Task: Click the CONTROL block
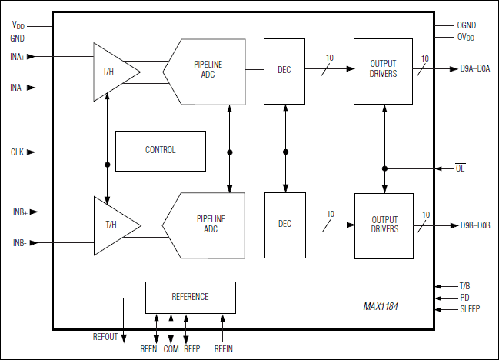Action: click(x=160, y=150)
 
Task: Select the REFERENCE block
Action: click(x=190, y=296)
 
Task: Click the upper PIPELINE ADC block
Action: click(x=205, y=71)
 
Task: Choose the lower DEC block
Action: click(x=284, y=225)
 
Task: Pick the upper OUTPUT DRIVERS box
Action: click(x=383, y=70)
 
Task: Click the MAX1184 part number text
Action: click(x=386, y=306)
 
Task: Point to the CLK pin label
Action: click(x=18, y=152)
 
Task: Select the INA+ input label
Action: click(x=18, y=56)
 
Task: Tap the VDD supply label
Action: click(x=18, y=25)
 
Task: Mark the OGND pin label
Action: click(x=467, y=25)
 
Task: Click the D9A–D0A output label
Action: click(x=475, y=69)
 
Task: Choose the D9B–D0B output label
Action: click(x=475, y=225)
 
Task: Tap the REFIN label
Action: click(x=224, y=348)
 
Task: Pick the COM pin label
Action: click(x=171, y=348)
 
